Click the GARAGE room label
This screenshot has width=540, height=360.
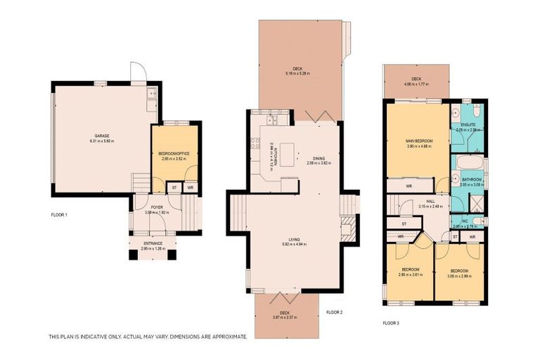pyautogui.click(x=102, y=136)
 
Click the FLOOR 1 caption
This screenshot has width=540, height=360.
pyautogui.click(x=59, y=214)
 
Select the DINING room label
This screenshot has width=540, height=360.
pyautogui.click(x=319, y=158)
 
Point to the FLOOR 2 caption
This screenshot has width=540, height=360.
pyautogui.click(x=335, y=312)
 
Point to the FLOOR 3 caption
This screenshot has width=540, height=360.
pyautogui.click(x=391, y=323)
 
